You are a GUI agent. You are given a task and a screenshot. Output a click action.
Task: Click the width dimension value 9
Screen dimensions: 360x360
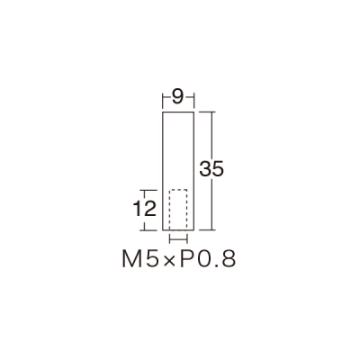(178, 97)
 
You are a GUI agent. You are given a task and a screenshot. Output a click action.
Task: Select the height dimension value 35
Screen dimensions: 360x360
(211, 169)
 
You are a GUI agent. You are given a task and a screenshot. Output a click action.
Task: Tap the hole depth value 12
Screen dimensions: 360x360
(145, 209)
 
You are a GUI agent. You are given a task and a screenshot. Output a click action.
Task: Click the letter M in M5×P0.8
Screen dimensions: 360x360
(131, 259)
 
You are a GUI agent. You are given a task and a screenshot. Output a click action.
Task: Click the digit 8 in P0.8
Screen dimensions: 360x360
(229, 259)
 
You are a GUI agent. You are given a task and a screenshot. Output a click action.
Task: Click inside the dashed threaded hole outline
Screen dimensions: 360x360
(178, 210)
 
